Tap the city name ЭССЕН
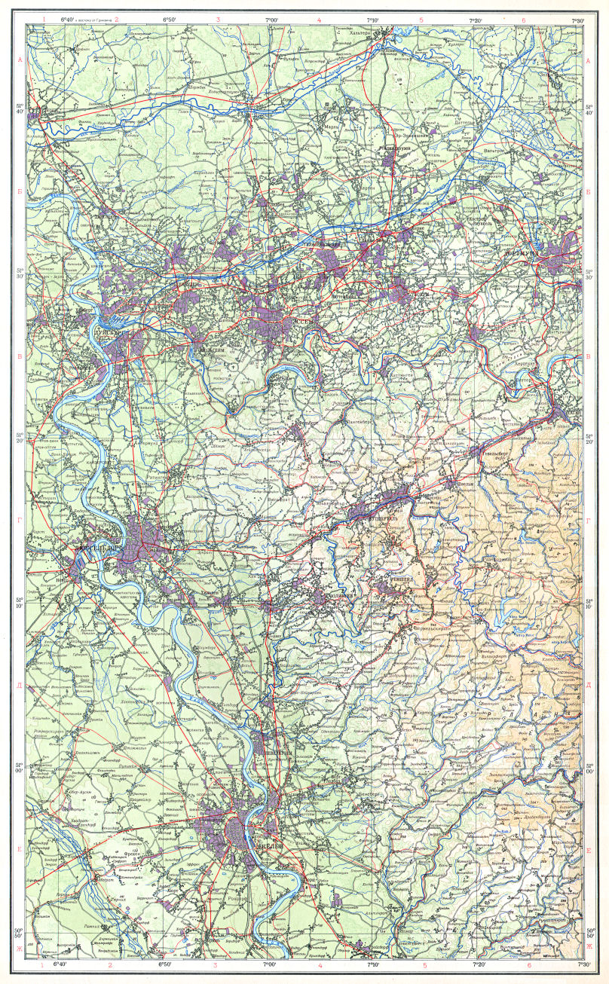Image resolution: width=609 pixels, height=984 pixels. click(x=300, y=319)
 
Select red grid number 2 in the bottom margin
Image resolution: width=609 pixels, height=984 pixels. click(x=110, y=964)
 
